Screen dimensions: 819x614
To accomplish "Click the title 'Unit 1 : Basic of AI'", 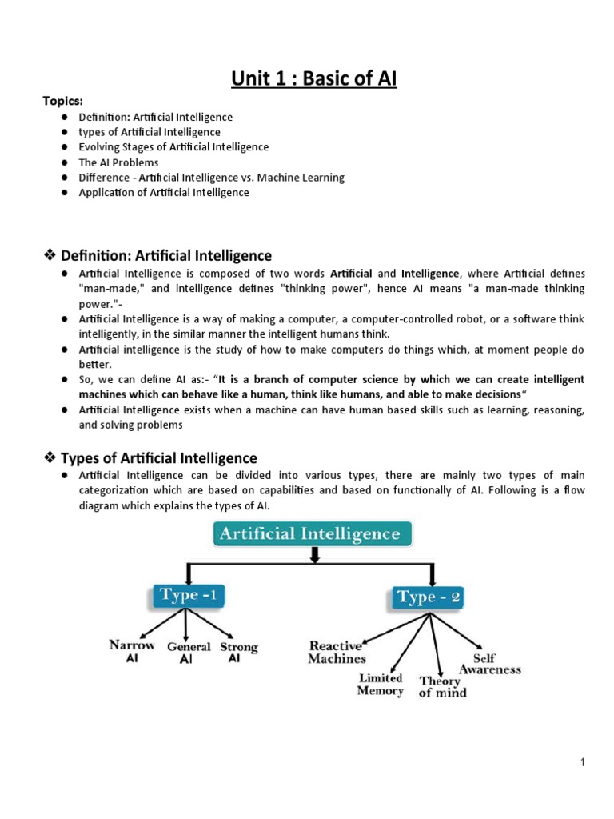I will (x=313, y=78).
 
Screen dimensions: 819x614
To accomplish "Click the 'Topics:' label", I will (x=62, y=102).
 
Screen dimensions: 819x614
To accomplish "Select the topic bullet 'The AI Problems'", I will (x=118, y=162).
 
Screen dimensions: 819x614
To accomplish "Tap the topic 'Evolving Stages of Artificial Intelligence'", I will (x=173, y=147).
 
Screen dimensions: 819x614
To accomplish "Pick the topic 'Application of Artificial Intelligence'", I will (x=164, y=193).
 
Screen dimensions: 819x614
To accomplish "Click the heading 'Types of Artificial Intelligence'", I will (x=159, y=458).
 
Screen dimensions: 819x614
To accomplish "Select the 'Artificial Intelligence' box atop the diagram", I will (x=313, y=533).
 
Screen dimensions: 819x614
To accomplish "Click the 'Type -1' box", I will (x=188, y=595).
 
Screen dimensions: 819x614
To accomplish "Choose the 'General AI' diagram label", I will (x=189, y=653).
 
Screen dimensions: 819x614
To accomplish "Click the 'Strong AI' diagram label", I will (x=238, y=653).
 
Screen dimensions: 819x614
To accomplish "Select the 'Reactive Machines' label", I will (x=337, y=652).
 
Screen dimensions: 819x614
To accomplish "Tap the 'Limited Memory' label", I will (x=381, y=684).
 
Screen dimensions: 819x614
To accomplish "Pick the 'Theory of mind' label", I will (x=442, y=686).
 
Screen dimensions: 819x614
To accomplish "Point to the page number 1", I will (x=584, y=762).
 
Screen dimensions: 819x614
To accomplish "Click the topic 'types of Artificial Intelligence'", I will (x=149, y=132).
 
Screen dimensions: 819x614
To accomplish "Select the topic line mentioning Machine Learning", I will (x=211, y=178).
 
